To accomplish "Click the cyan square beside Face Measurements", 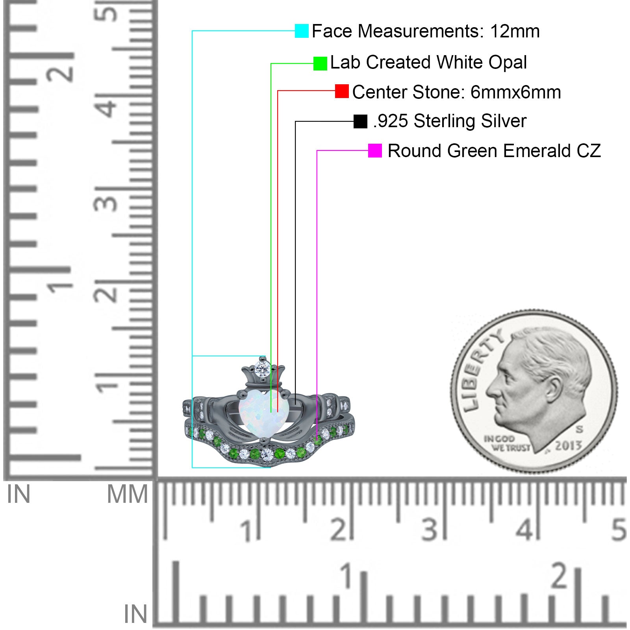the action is tap(302, 31).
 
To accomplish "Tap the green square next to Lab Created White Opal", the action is tap(320, 63).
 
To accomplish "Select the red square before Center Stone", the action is tap(342, 91).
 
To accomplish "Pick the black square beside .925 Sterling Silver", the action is tap(360, 121).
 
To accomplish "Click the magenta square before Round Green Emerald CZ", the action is tap(375, 150).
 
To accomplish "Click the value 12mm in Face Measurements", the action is tap(515, 31).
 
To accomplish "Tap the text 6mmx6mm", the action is tap(516, 92).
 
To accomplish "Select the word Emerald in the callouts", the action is tap(537, 151).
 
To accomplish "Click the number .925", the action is tap(391, 121).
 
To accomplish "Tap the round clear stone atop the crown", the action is tap(261, 369).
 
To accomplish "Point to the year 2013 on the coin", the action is tap(568, 446).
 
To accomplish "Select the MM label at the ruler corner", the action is tap(128, 494).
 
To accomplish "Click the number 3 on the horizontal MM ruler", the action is tap(429, 529).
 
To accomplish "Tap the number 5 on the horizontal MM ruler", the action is tap(618, 529).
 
